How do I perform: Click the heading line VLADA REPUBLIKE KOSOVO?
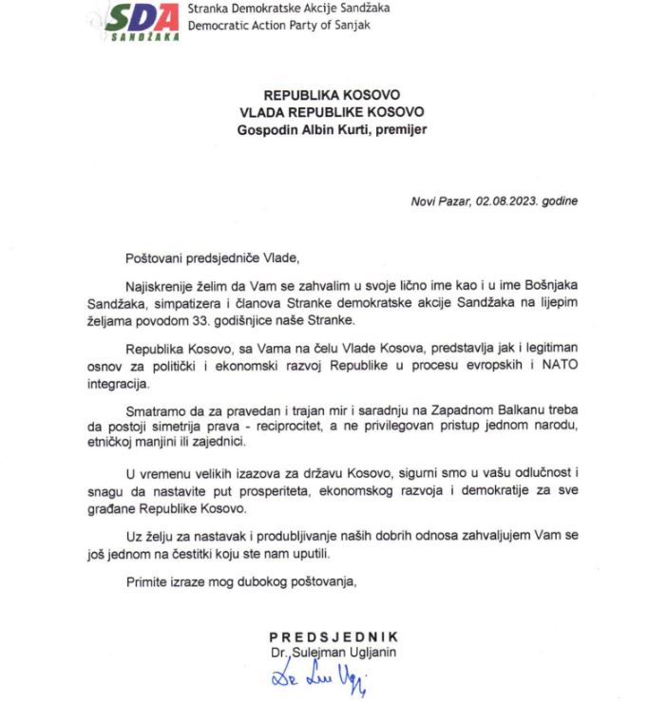click(x=333, y=112)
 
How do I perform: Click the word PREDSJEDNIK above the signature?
click(x=334, y=636)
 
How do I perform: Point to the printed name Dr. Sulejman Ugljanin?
click(x=333, y=652)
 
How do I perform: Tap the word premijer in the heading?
click(x=400, y=129)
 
